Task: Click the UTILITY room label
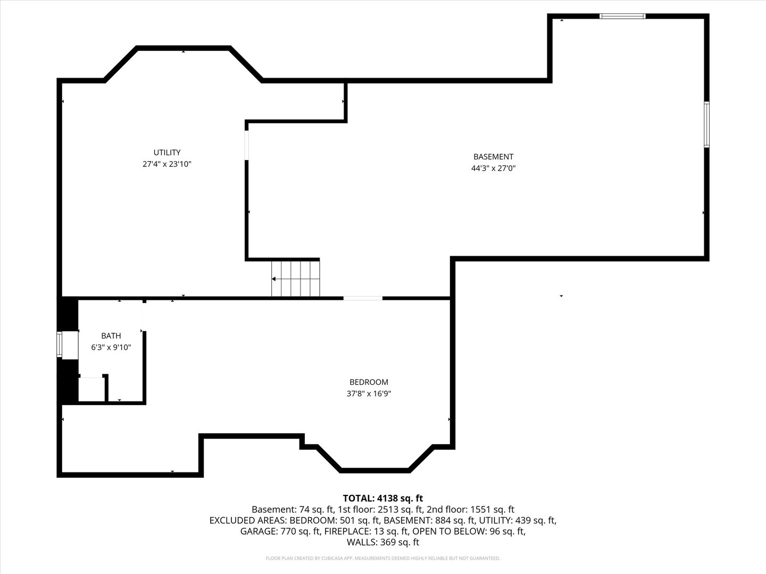pos(167,153)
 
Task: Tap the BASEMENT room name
pos(493,157)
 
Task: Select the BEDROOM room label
pos(369,382)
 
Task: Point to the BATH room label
pos(111,335)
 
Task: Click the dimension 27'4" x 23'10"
pos(167,164)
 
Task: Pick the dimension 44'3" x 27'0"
pos(493,168)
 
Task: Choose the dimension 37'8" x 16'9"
pos(369,393)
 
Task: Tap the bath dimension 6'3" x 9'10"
pos(111,347)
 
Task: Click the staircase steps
pos(296,278)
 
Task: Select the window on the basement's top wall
pos(622,16)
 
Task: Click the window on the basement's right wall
pos(706,124)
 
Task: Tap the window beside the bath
pos(60,344)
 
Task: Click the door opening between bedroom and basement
pos(363,298)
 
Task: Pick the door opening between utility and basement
pos(247,145)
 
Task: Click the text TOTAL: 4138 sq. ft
pos(383,498)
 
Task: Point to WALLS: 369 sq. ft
pos(383,542)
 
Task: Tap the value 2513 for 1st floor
pos(387,510)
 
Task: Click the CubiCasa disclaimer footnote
pos(383,558)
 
